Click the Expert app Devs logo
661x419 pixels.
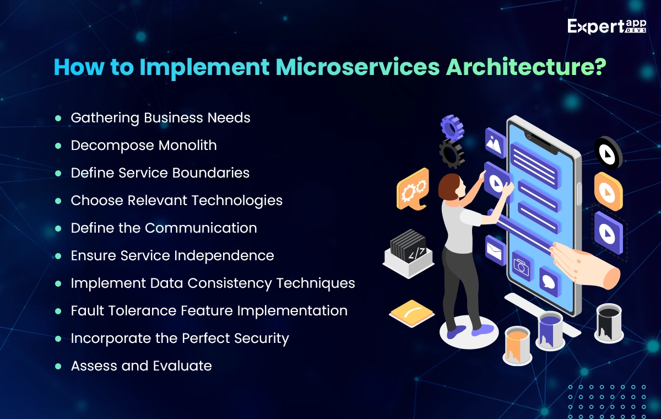coord(606,26)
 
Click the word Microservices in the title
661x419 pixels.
coord(357,67)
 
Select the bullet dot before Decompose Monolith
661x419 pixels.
coord(58,146)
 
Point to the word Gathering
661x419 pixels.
coord(105,118)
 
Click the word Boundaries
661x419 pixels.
coord(210,173)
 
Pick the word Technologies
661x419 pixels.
coord(237,201)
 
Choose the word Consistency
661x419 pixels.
coord(230,283)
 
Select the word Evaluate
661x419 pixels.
coord(182,366)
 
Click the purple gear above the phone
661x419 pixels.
coord(452,127)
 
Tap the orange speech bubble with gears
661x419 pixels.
coord(413,189)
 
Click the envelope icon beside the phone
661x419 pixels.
coord(495,250)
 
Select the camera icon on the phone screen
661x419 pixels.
coord(522,266)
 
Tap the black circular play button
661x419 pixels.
coord(608,153)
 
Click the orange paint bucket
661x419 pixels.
coord(517,346)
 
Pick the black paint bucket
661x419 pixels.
coord(609,324)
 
